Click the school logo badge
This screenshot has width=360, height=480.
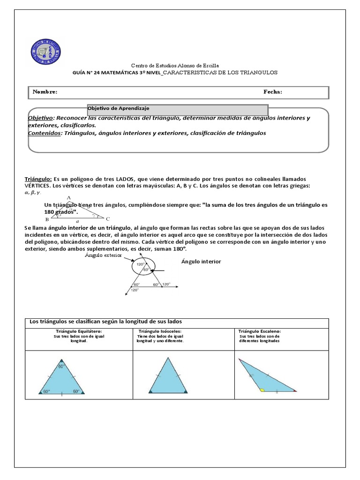(45, 52)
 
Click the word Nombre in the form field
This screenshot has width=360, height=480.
(45, 92)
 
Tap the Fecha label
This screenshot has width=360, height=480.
(273, 92)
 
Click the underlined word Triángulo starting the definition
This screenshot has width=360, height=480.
(38, 179)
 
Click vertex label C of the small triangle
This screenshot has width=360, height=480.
(108, 219)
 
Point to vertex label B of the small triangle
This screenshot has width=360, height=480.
(47, 219)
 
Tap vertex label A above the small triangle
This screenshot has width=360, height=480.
(69, 197)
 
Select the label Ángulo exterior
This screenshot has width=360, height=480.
(103, 255)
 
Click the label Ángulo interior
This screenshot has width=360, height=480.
(201, 262)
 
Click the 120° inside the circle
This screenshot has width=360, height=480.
(140, 264)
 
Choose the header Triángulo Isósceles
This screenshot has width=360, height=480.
(160, 331)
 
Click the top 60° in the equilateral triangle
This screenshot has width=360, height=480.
(61, 366)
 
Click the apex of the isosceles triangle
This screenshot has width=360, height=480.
(168, 359)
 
